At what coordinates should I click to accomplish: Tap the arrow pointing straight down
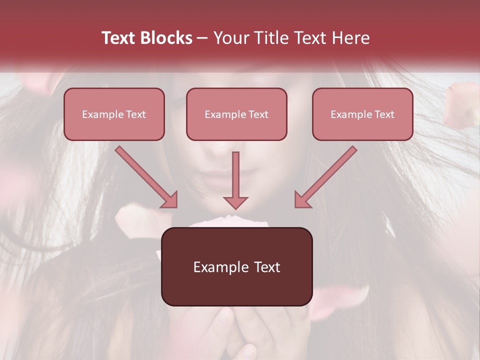point(235,180)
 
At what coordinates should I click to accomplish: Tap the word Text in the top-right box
point(384,114)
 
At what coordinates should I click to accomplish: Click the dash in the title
point(202,38)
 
